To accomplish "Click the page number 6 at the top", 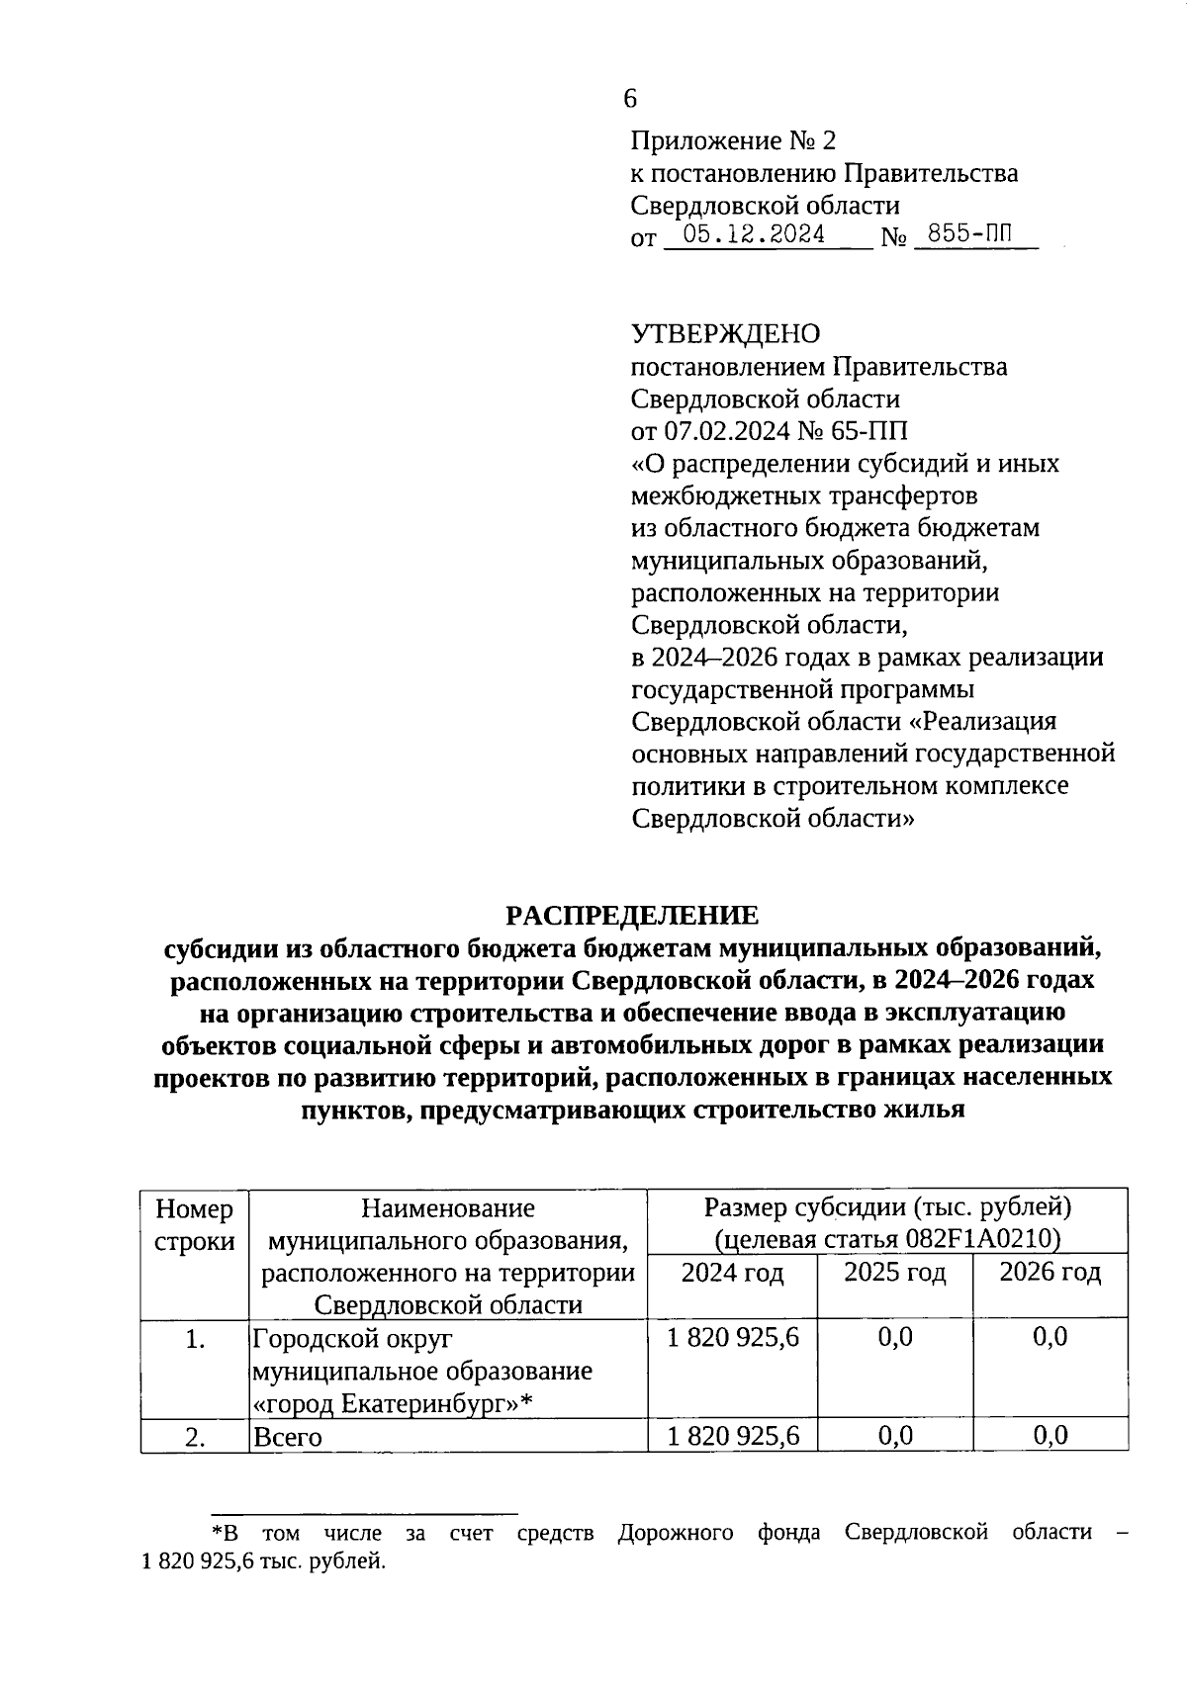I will coord(631,98).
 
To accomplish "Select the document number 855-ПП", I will coord(976,235).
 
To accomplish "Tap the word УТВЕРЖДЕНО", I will coord(726,334).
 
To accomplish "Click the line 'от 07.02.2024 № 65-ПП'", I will coord(769,431).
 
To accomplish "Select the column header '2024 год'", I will coord(732,1272).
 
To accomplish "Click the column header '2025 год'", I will coord(894,1272).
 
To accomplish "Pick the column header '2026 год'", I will coord(1050,1272).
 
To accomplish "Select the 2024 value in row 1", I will coord(732,1338).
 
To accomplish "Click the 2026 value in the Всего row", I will coord(1050,1435).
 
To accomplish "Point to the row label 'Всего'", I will coord(288,1437).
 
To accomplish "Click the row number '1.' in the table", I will coord(195,1339).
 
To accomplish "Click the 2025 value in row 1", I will coord(894,1338).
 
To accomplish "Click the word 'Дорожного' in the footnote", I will coord(676,1533).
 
